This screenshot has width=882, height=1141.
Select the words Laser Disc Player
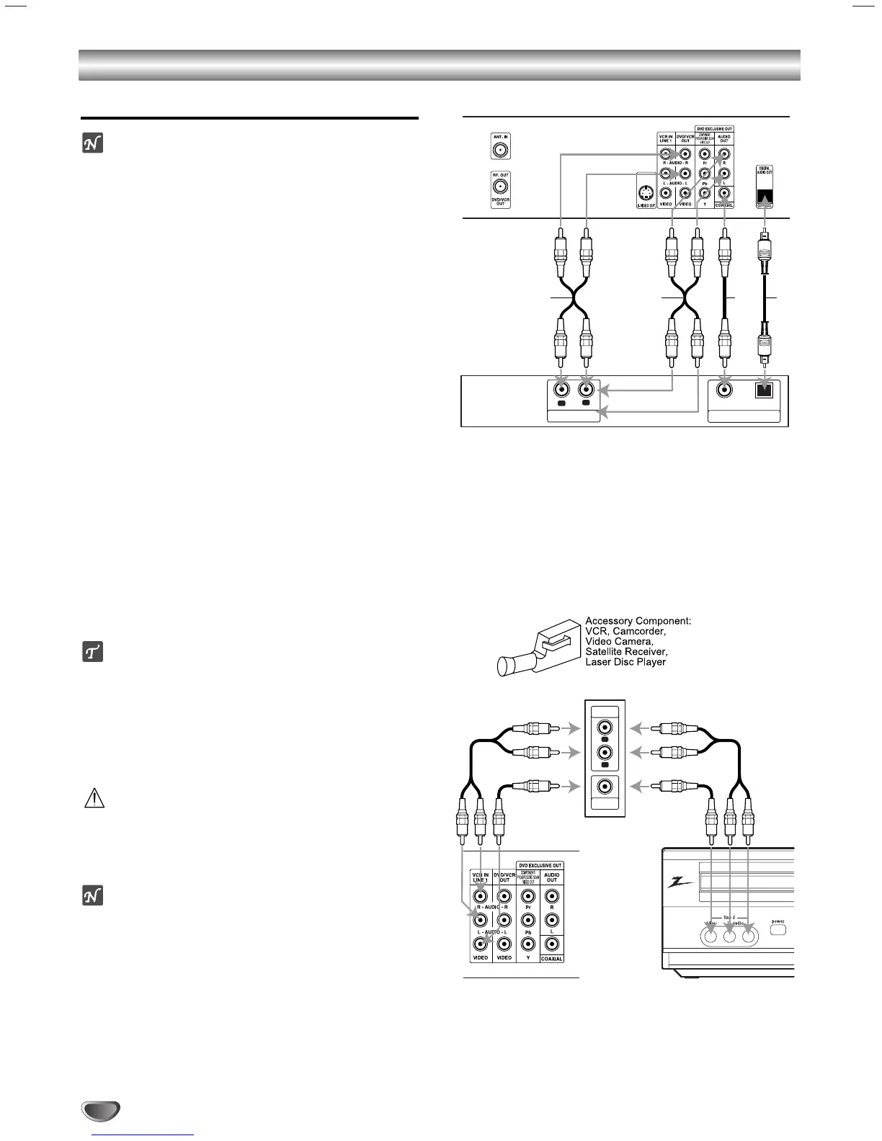coord(625,662)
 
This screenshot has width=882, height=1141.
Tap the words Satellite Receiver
coord(626,651)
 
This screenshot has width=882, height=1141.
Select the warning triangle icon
coord(95,798)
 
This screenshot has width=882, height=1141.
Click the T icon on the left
coord(92,652)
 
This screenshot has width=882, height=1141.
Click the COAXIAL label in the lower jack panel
coord(552,959)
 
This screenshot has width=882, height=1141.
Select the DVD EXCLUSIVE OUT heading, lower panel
coord(540,865)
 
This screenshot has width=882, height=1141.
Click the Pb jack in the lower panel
coord(528,920)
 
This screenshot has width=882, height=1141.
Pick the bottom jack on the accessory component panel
coord(605,787)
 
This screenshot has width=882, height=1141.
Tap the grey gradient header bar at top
coord(440,65)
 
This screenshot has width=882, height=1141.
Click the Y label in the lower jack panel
coord(528,958)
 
